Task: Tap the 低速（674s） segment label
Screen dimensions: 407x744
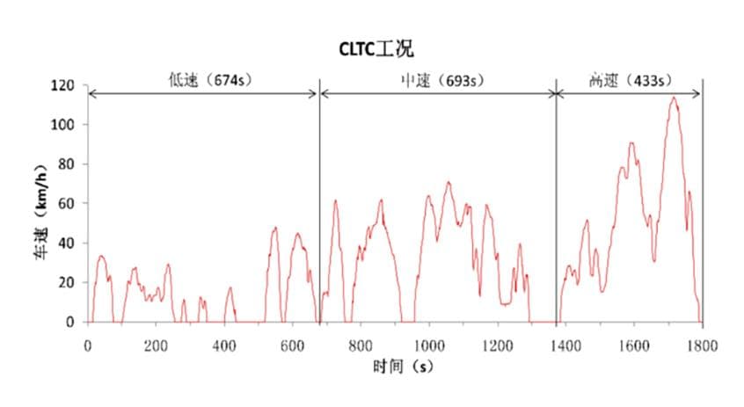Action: tap(210, 80)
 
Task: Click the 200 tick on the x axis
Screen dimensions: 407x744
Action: tap(156, 346)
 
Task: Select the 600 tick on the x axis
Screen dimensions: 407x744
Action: tap(292, 346)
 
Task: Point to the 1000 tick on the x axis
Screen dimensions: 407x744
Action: tap(429, 346)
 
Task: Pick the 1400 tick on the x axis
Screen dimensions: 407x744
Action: tap(565, 346)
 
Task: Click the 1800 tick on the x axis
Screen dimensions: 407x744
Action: tap(702, 346)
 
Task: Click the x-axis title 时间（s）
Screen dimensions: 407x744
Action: tap(401, 367)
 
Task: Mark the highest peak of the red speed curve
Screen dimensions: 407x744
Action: tap(674, 98)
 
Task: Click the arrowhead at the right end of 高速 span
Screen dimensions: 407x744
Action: tap(698, 92)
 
